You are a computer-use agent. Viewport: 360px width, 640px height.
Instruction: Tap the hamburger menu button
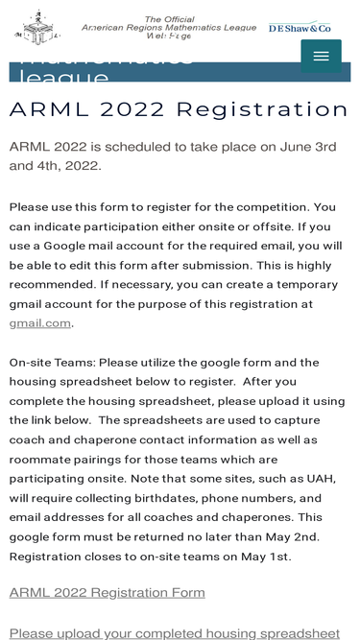(321, 57)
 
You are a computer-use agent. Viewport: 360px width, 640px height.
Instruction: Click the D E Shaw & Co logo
(300, 29)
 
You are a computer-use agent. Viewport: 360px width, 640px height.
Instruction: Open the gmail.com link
(40, 322)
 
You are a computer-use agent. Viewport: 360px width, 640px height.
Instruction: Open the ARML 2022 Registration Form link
(107, 592)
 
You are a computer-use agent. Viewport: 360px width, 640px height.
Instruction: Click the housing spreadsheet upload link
(174, 632)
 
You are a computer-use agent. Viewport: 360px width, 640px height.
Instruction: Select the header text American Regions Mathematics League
(169, 28)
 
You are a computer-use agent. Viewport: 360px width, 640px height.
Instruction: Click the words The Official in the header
(169, 19)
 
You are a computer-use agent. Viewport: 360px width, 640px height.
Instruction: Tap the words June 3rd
(303, 146)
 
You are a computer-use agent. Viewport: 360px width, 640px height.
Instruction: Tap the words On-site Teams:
(58, 362)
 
